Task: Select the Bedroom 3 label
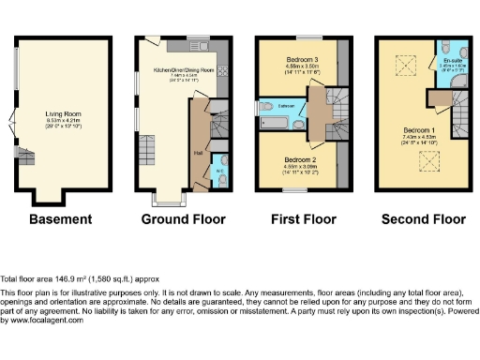pyautogui.click(x=303, y=59)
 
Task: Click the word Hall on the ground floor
pyautogui.click(x=199, y=153)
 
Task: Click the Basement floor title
pyautogui.click(x=61, y=219)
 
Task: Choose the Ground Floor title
pyautogui.click(x=184, y=219)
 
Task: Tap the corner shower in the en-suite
pyautogui.click(x=456, y=89)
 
